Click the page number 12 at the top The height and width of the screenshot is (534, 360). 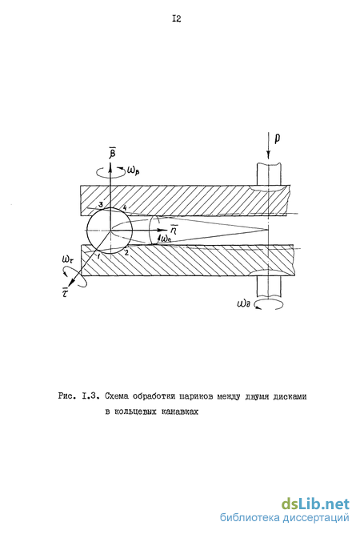pyautogui.click(x=177, y=19)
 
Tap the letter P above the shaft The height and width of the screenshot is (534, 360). pyautogui.click(x=278, y=139)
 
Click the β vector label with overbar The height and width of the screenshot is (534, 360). pyautogui.click(x=112, y=152)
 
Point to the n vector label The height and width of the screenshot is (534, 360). pyautogui.click(x=174, y=230)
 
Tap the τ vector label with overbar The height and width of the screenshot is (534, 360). pyautogui.click(x=65, y=291)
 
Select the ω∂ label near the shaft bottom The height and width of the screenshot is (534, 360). pyautogui.click(x=244, y=303)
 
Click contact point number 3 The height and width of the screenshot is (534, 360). pyautogui.click(x=100, y=205)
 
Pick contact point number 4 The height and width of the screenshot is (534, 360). pyautogui.click(x=125, y=207)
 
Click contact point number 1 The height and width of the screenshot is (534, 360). pyautogui.click(x=98, y=256)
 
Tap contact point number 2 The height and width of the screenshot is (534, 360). pyautogui.click(x=126, y=252)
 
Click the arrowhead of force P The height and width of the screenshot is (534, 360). pyautogui.click(x=268, y=156)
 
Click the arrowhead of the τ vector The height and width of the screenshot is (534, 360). pyautogui.click(x=70, y=283)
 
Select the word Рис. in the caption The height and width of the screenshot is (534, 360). pyautogui.click(x=67, y=396)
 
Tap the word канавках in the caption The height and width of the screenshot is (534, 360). pyautogui.click(x=180, y=412)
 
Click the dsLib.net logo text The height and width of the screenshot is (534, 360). pyautogui.click(x=315, y=504)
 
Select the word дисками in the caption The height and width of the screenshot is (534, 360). pyautogui.click(x=290, y=396)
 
